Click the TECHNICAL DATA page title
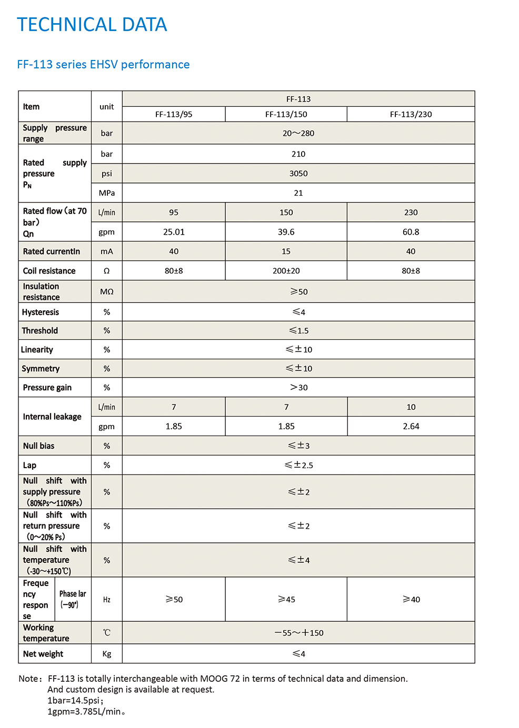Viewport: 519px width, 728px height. coord(92,25)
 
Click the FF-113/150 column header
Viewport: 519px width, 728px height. coord(286,114)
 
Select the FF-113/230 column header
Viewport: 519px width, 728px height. coord(411,114)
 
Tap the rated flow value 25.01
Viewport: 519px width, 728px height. coord(174,232)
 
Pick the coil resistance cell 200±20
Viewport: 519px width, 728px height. coord(286,271)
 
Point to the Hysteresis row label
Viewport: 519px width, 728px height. coord(41,312)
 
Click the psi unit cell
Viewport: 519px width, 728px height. coord(107,174)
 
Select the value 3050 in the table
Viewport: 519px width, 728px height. coord(298,174)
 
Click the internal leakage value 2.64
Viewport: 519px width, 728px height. coord(411,427)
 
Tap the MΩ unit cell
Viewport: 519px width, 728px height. coord(107,292)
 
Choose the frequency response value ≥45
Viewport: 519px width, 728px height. coord(286,600)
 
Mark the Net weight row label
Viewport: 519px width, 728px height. coord(43,654)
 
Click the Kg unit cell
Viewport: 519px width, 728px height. coord(107,654)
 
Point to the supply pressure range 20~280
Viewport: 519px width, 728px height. coord(298,134)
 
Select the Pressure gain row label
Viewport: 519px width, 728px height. coord(47,388)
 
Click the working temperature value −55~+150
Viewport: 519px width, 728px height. coord(299,633)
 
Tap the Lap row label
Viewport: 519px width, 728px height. coord(29,466)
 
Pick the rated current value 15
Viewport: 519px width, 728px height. coord(286,251)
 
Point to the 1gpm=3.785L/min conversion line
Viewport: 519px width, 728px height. coord(86,712)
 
